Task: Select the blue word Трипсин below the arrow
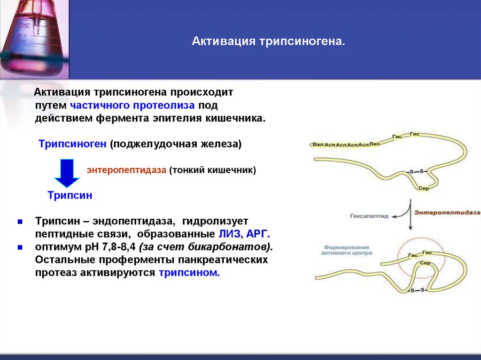pos(70,195)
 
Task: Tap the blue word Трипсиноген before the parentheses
pos(73,144)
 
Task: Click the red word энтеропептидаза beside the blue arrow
pos(126,170)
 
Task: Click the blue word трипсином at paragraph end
pos(189,273)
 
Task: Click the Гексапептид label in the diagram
pos(369,216)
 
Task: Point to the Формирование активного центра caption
pos(347,250)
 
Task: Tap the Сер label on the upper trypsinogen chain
pos(423,188)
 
